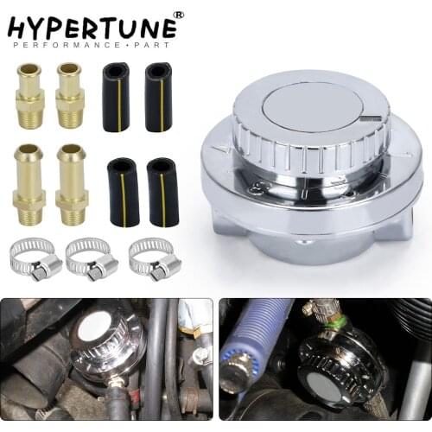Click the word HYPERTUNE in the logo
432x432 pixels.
coord(91,27)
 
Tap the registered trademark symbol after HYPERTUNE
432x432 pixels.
coord(179,15)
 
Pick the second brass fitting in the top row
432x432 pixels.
coord(69,95)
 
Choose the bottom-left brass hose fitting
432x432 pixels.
coord(29,184)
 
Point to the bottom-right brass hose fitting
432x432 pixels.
coord(72,184)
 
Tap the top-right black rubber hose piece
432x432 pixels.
coord(158,96)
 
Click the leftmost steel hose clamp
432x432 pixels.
coord(37,259)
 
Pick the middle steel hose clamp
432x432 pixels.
coord(93,259)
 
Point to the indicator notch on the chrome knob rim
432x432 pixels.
coord(371,118)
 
